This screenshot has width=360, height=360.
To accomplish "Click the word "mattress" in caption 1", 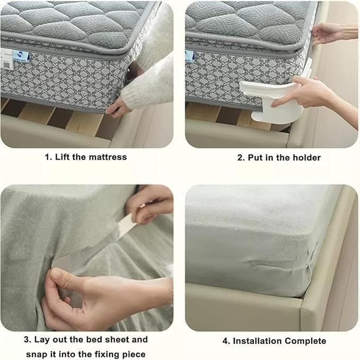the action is (108, 157).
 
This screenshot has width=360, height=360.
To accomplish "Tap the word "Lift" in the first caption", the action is (63, 157).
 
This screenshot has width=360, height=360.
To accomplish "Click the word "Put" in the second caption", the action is (256, 157).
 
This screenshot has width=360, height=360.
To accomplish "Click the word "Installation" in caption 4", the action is (258, 341).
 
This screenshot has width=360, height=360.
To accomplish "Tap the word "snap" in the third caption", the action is (36, 354).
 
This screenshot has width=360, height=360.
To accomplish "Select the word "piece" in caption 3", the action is (134, 354).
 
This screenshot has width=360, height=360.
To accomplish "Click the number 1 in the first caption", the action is (47, 157).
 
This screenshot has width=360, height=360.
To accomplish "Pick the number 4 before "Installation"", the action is (226, 341).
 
